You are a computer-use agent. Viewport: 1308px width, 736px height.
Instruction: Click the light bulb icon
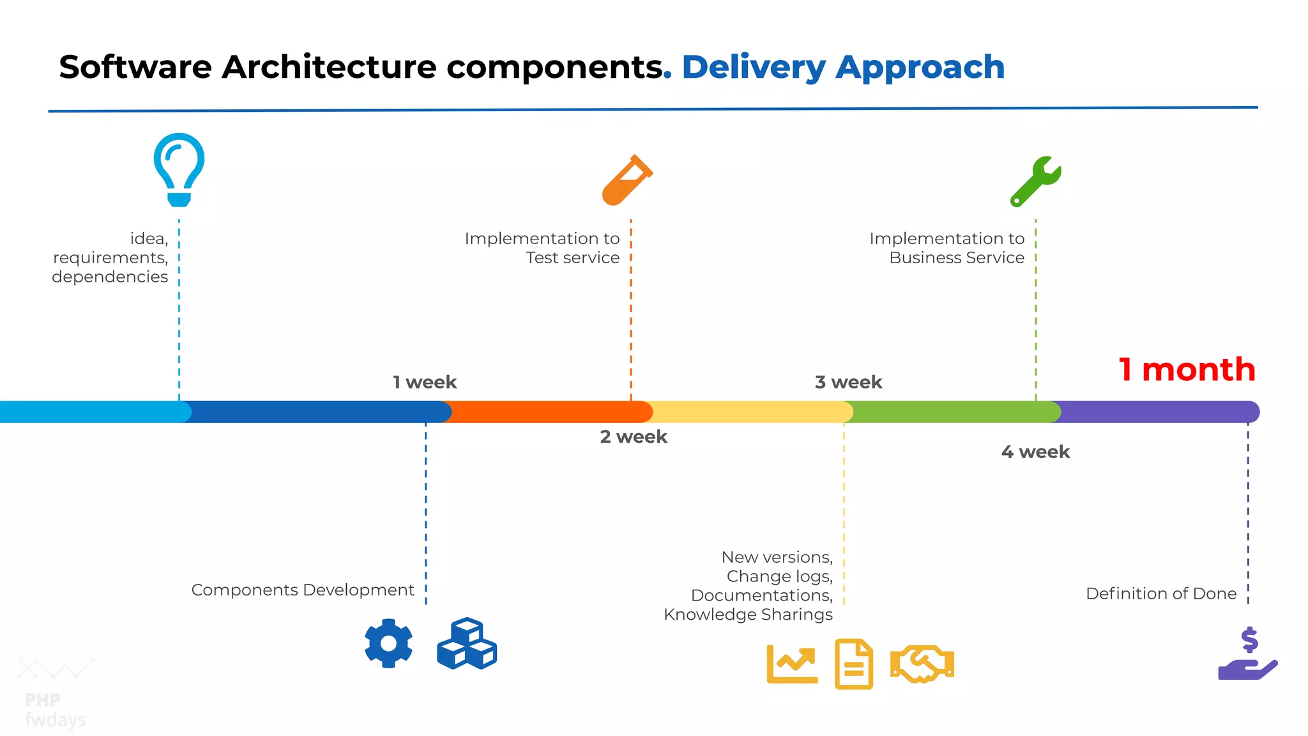(179, 169)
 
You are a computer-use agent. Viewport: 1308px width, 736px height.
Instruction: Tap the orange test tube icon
(627, 181)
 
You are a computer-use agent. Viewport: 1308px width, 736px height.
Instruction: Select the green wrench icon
(1035, 181)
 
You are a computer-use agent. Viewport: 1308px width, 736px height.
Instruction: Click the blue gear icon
(388, 643)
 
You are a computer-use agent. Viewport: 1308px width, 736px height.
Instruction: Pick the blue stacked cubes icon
(467, 644)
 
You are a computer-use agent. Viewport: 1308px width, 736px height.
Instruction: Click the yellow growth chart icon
(792, 664)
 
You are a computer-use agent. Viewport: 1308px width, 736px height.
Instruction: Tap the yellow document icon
(854, 664)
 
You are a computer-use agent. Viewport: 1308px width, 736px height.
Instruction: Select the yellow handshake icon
(922, 664)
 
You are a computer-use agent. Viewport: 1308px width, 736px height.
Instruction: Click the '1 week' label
(425, 382)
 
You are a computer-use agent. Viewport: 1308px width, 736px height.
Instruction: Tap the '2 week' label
(634, 437)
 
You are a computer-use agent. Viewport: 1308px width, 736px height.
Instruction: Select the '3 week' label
(848, 382)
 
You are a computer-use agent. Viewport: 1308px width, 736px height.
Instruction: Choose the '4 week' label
(1035, 452)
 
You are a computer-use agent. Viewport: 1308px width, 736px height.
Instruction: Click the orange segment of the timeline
(549, 412)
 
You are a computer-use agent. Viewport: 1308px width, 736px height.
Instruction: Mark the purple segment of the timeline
(1156, 412)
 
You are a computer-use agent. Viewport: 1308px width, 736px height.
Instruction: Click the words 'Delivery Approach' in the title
(843, 67)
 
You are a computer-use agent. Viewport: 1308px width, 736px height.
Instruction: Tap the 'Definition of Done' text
(1161, 594)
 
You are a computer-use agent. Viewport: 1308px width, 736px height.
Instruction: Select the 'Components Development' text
(303, 590)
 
